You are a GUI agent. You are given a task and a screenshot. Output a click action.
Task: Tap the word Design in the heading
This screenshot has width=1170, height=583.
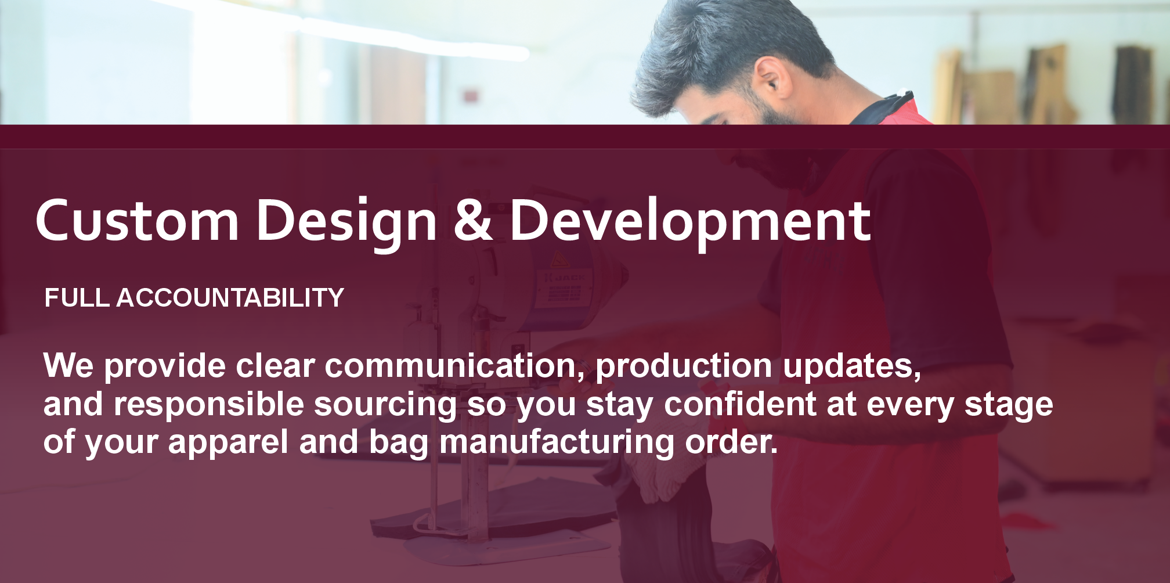point(346,224)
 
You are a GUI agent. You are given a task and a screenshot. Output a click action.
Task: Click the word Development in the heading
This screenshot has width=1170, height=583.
point(690,224)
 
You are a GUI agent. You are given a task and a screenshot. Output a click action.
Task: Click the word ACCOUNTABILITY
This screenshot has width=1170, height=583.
point(230,298)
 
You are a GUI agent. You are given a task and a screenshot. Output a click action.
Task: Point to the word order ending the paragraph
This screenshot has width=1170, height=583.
point(731,442)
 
